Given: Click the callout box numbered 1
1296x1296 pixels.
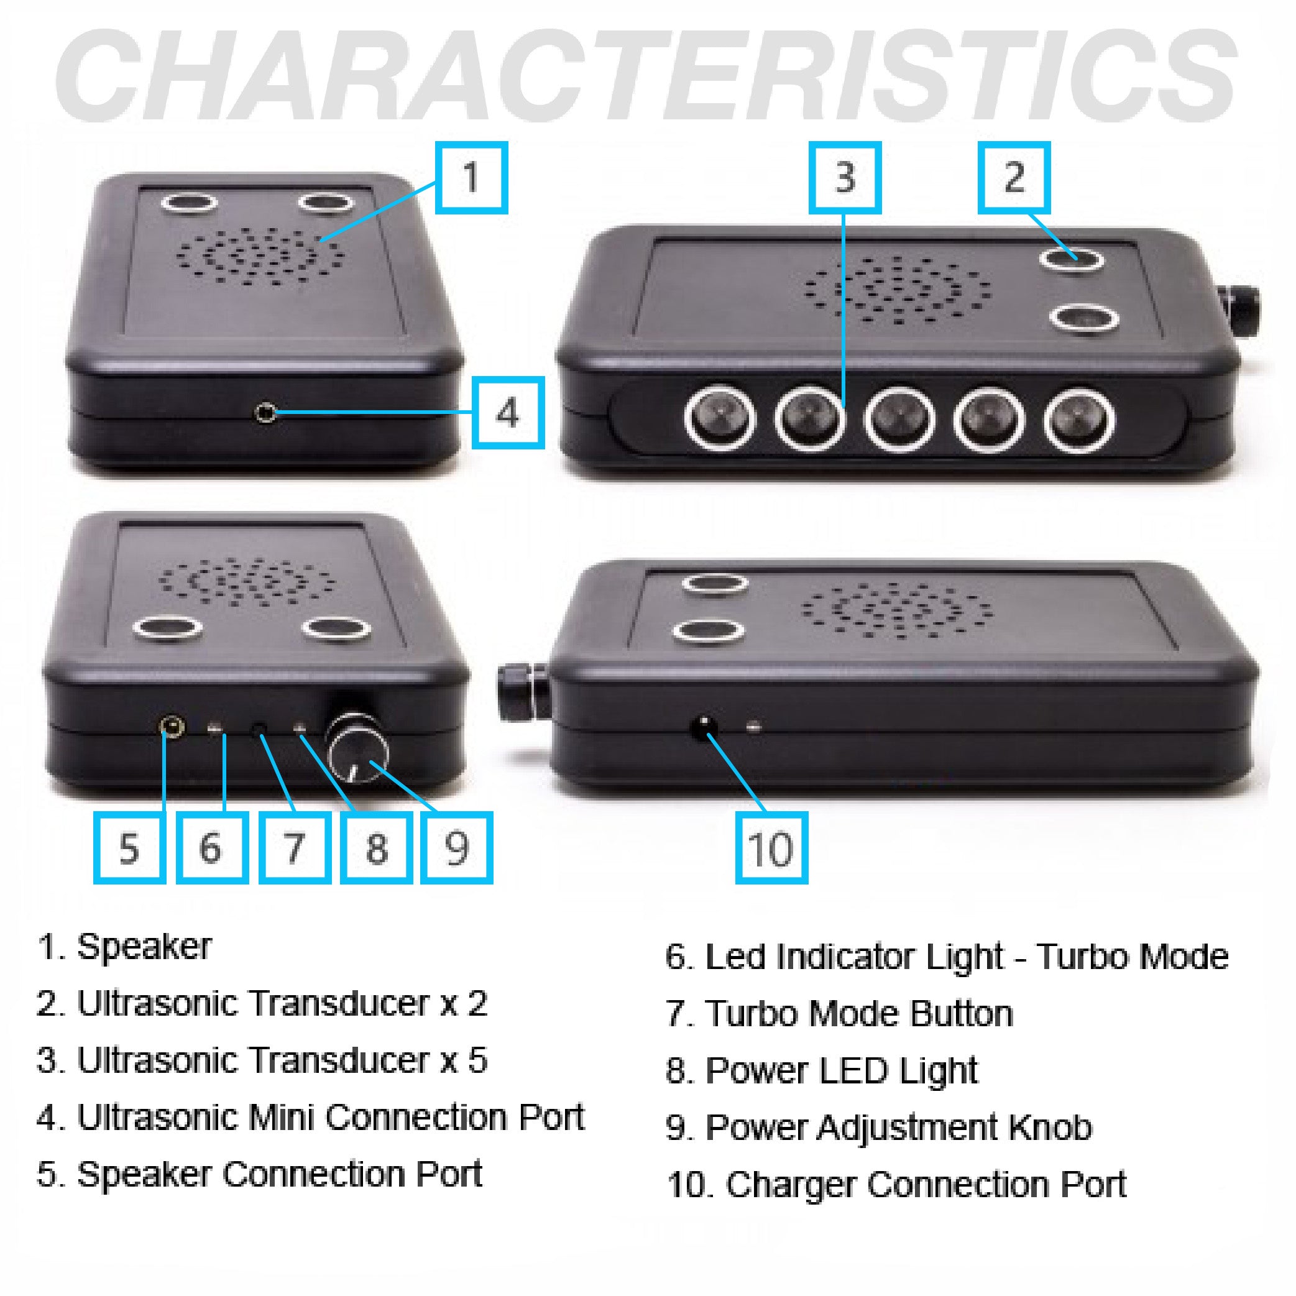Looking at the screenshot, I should point(471,178).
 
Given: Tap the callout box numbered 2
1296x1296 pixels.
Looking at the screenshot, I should point(1014,178).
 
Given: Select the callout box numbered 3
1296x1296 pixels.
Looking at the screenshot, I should point(845,178).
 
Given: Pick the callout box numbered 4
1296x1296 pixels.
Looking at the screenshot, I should point(508,413).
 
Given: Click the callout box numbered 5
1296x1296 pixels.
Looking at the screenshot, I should point(129,847).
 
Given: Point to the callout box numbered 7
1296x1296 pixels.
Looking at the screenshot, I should point(295,847).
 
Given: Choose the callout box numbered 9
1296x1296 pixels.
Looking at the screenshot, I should point(457,847).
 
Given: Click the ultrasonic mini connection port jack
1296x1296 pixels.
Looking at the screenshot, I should point(265,413).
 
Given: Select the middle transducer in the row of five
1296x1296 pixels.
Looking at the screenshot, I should point(899,419).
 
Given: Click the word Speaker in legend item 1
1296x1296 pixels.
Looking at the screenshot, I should point(144,947).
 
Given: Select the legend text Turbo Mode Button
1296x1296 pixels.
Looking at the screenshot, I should point(858,1014).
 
